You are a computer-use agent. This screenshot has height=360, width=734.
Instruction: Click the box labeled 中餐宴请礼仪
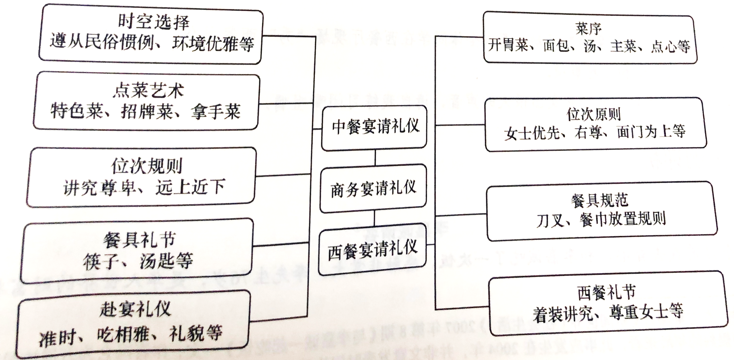(374, 127)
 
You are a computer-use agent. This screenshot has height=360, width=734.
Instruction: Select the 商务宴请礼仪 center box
(373, 188)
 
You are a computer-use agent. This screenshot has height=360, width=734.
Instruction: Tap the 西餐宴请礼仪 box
(373, 250)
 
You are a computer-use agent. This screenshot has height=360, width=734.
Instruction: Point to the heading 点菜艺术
(148, 90)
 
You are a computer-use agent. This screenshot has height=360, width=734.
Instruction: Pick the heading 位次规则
(147, 166)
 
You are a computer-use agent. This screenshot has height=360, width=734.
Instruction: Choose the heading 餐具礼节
(139, 240)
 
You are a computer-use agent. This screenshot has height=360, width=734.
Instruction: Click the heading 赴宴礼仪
(135, 309)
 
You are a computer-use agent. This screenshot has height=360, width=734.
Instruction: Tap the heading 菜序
(588, 29)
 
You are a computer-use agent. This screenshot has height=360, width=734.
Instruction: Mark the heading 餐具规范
(599, 200)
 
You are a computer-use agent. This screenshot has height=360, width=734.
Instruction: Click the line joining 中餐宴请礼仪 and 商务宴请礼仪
(375, 158)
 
